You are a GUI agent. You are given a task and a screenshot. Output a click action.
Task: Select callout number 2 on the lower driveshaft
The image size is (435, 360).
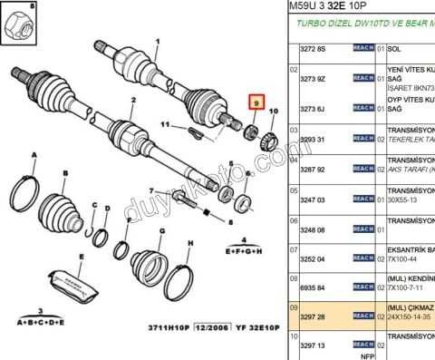click(132, 101)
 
